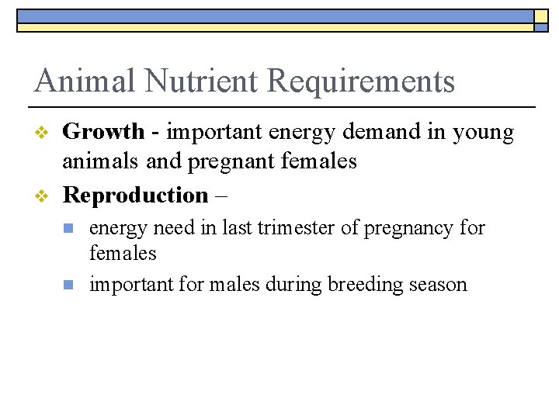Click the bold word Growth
(103, 133)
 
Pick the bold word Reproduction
(135, 196)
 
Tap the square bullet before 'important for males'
(69, 285)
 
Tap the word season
(439, 286)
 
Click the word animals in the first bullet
(97, 161)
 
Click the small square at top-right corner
(541, 16)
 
